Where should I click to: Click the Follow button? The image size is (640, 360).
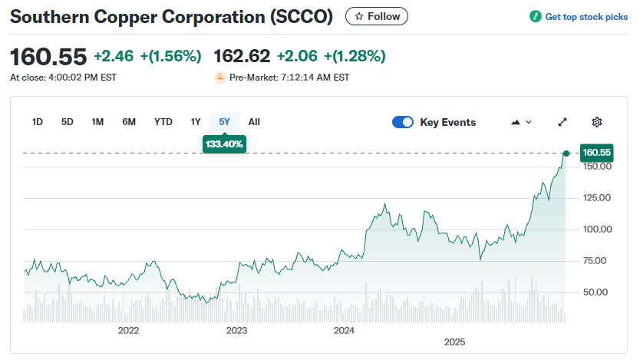(377, 16)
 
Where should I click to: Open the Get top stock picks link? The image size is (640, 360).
(579, 17)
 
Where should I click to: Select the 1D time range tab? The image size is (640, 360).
(38, 121)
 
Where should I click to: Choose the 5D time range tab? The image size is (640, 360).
(68, 121)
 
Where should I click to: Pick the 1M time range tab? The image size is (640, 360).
(97, 121)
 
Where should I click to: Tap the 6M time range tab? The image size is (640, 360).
(129, 121)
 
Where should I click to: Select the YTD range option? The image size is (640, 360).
(163, 121)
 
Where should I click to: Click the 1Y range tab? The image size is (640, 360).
(196, 121)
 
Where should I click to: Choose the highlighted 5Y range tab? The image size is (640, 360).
(224, 121)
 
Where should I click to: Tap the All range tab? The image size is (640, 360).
(254, 121)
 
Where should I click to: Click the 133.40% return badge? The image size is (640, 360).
(224, 144)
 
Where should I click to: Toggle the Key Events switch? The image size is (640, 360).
(403, 122)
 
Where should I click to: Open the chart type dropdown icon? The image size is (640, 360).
(521, 122)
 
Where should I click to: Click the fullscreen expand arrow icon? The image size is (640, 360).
(562, 122)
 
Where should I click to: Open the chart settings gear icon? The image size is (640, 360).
(597, 122)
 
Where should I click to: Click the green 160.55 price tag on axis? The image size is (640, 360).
(596, 153)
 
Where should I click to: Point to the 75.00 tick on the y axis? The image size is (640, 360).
(596, 261)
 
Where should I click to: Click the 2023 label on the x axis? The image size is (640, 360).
(236, 331)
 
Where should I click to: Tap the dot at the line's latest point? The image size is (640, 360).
(566, 154)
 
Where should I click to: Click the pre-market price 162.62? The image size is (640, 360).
(242, 56)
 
